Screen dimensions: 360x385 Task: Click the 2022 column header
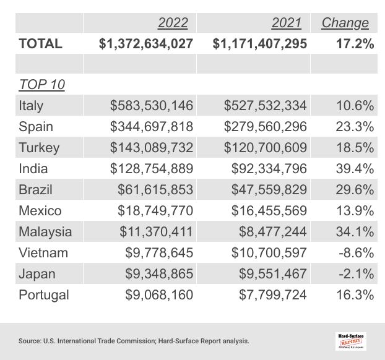173,24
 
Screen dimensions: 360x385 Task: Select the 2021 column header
287,24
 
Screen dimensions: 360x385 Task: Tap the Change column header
345,24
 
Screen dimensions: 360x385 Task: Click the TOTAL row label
41,44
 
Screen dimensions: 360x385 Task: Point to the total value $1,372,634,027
146,44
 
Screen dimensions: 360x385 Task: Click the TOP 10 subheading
42,85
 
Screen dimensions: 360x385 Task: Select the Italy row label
31,106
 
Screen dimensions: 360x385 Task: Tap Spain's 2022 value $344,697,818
152,127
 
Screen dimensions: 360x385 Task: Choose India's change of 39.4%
355,169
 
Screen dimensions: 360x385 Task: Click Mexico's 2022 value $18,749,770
155,211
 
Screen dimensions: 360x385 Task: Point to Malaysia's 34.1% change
355,232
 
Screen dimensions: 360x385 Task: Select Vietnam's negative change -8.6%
356,253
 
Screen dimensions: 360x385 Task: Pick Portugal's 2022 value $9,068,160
159,295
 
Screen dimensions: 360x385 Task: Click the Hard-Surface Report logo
350,340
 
